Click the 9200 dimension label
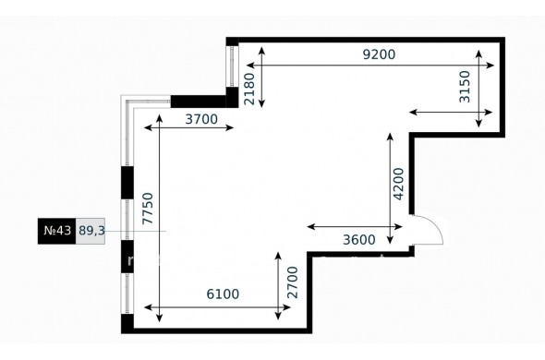click(x=379, y=54)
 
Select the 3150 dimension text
click(x=465, y=87)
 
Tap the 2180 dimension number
click(x=249, y=89)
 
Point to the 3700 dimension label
click(x=201, y=119)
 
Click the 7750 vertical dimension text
click(x=148, y=209)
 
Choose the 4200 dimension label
click(x=398, y=185)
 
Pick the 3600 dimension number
click(x=359, y=240)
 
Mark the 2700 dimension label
click(x=293, y=282)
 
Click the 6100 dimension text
click(x=223, y=294)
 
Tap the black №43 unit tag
click(x=56, y=231)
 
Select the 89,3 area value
click(x=91, y=231)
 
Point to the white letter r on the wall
click(x=130, y=260)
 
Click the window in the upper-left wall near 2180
click(x=232, y=66)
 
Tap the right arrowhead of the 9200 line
click(x=490, y=65)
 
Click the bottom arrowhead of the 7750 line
click(x=159, y=318)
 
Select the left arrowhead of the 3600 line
click(x=311, y=227)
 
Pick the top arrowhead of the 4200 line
click(x=390, y=137)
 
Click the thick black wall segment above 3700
click(x=198, y=102)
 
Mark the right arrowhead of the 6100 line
click(x=286, y=307)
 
